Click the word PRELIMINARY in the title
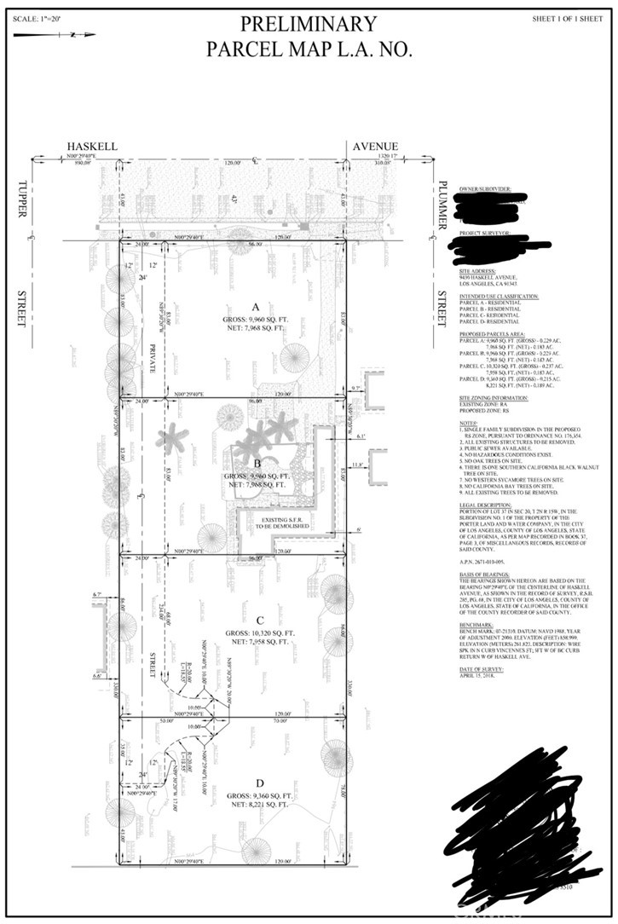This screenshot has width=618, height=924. [x=308, y=24]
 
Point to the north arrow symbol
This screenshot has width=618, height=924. [x=72, y=35]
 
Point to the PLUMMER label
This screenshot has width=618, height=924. [x=443, y=205]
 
